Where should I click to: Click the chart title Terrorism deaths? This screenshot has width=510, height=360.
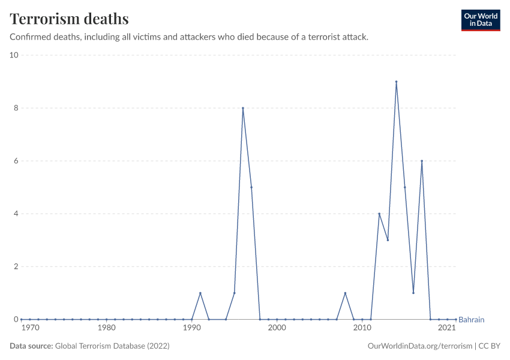69,19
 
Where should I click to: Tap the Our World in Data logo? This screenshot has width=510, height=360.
480,20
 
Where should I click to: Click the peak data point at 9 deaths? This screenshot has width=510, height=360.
396,82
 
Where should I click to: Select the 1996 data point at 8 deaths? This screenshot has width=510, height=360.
243,108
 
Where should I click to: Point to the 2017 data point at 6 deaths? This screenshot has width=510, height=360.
422,161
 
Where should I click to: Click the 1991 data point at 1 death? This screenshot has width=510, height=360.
200,293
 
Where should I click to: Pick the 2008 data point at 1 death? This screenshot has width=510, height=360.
345,293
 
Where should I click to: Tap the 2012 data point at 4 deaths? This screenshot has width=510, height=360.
379,214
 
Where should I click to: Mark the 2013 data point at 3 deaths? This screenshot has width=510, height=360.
388,240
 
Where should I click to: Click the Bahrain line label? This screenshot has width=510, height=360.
471,320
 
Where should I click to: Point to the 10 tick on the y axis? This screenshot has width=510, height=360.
13,55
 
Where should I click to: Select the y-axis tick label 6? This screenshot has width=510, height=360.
16,161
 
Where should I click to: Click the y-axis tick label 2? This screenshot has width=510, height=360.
16,266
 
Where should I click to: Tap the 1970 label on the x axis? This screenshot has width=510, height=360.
30,328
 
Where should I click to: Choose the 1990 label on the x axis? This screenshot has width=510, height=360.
192,328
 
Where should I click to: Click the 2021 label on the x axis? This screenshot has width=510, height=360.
447,328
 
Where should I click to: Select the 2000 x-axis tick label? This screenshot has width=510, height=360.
277,328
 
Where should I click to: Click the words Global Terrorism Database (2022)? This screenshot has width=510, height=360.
112,346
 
